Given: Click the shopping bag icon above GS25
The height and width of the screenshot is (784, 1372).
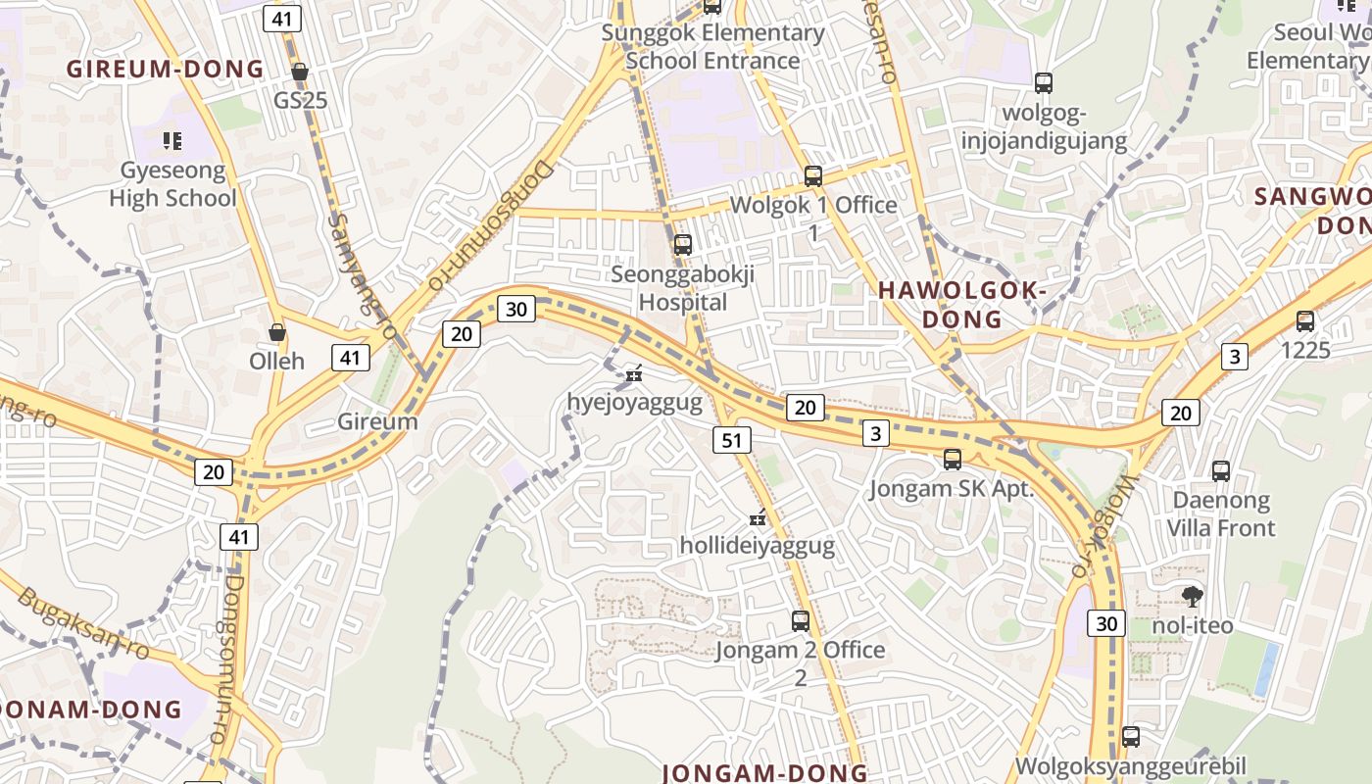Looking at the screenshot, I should coord(300,72).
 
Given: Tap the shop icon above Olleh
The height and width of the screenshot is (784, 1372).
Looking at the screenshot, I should coord(277,332).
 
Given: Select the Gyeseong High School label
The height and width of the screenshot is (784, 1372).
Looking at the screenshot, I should coord(172,184).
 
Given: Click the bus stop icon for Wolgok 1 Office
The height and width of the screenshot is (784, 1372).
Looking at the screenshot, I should coord(812,176).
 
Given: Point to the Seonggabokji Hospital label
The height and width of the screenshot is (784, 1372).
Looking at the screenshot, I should coord(683,288).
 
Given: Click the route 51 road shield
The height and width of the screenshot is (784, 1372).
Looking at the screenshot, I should coord(732,440).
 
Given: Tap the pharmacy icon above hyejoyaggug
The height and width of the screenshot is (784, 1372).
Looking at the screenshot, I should coord(634,372).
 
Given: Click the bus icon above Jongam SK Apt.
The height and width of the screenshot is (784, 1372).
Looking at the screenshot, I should coord(952,459).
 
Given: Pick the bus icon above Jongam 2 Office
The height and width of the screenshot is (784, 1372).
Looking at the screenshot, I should coord(801,620).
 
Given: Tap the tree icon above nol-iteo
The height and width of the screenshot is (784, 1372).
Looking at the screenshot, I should coord(1193,596).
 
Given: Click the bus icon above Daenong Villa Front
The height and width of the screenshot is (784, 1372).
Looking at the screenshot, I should coord(1220,471).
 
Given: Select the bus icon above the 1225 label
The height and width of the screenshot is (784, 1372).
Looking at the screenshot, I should coord(1304,320).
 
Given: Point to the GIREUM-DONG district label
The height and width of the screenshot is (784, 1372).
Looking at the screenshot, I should coord(165,69).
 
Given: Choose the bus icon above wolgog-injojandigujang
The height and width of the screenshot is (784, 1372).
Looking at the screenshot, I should coord(1044,83).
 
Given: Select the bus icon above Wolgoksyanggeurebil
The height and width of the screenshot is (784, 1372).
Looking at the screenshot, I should coord(1131,736).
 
